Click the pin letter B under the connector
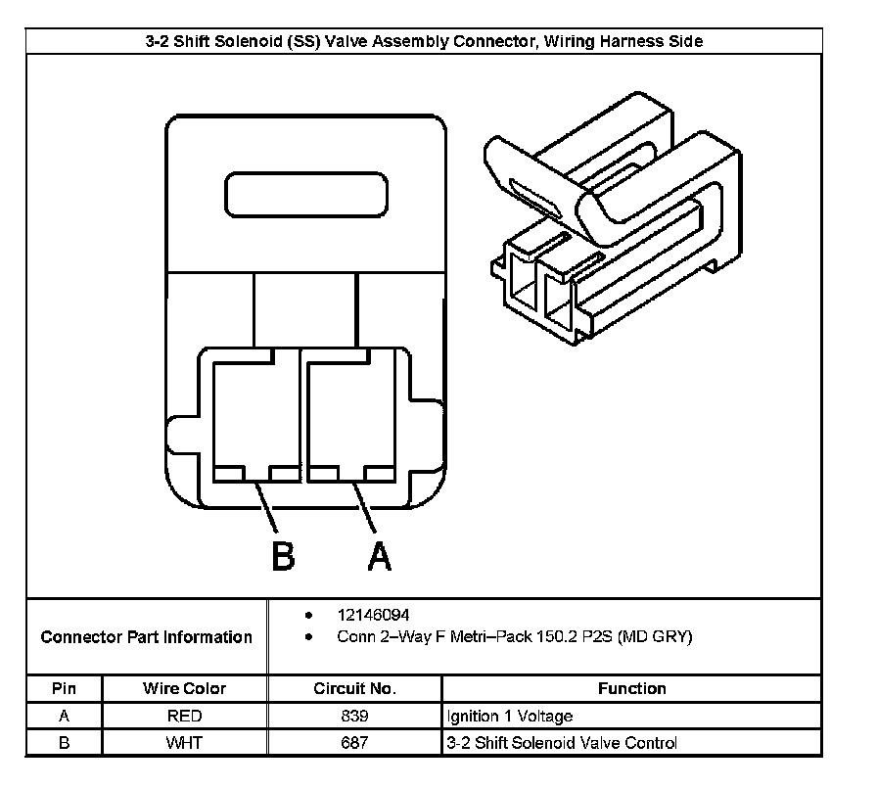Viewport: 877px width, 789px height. pyautogui.click(x=282, y=555)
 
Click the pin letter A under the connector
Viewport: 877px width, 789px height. pyautogui.click(x=379, y=555)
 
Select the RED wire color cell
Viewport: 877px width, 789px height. pyautogui.click(x=184, y=717)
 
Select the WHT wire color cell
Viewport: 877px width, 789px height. pyautogui.click(x=184, y=743)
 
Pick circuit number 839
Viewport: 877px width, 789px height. pyautogui.click(x=354, y=717)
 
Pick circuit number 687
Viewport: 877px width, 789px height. pyautogui.click(x=354, y=743)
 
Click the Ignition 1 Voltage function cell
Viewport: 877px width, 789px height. pyautogui.click(x=509, y=717)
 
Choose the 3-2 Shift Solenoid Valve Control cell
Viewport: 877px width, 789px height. pyautogui.click(x=561, y=743)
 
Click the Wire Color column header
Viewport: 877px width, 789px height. pyautogui.click(x=184, y=689)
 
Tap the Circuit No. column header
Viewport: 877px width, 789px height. pyautogui.click(x=354, y=689)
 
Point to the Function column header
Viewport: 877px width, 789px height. pyautogui.click(x=631, y=689)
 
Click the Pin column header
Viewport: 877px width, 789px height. pyautogui.click(x=64, y=689)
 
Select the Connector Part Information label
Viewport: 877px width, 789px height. pyautogui.click(x=147, y=637)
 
